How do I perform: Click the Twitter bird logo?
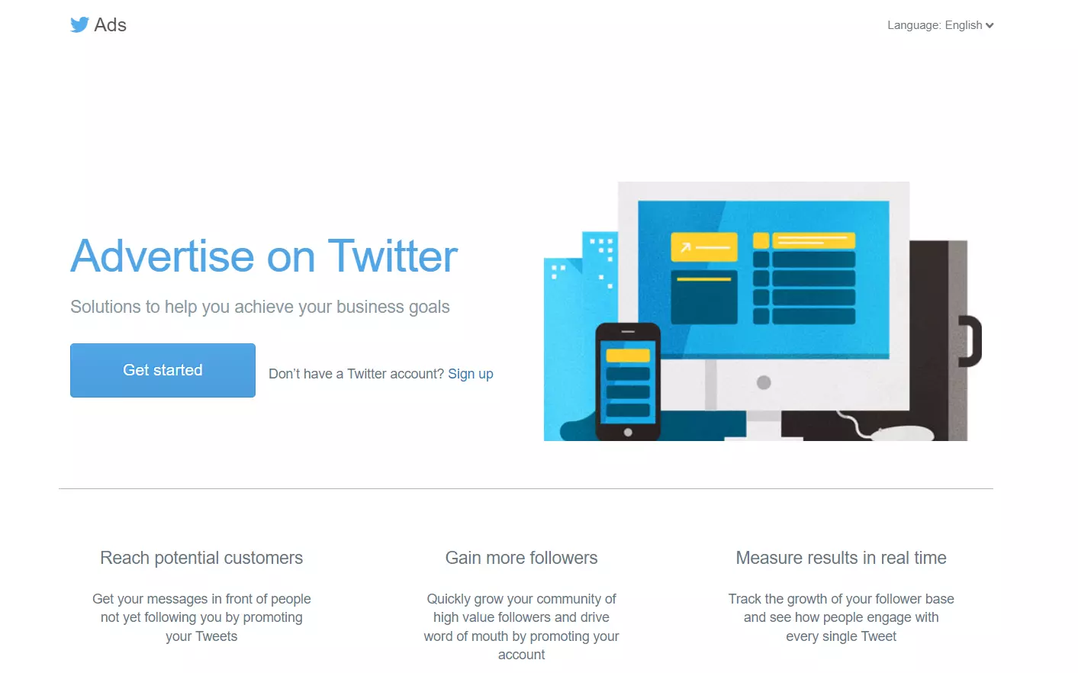point(79,24)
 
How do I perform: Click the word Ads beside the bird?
point(110,24)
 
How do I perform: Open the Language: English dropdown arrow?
point(990,25)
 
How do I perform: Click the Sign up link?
point(471,374)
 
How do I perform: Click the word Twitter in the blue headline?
point(393,256)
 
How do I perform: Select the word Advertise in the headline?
point(163,256)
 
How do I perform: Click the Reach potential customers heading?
point(201,558)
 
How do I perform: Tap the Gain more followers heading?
point(521,558)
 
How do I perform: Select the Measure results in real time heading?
point(841,558)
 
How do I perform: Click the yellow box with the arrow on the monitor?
point(704,247)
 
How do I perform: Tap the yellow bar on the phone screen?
point(628,356)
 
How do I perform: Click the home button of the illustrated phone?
point(628,433)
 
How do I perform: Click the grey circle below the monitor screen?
point(764,383)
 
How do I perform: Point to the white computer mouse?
point(903,433)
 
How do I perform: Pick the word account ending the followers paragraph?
point(521,655)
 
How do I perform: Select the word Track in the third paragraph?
point(745,599)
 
